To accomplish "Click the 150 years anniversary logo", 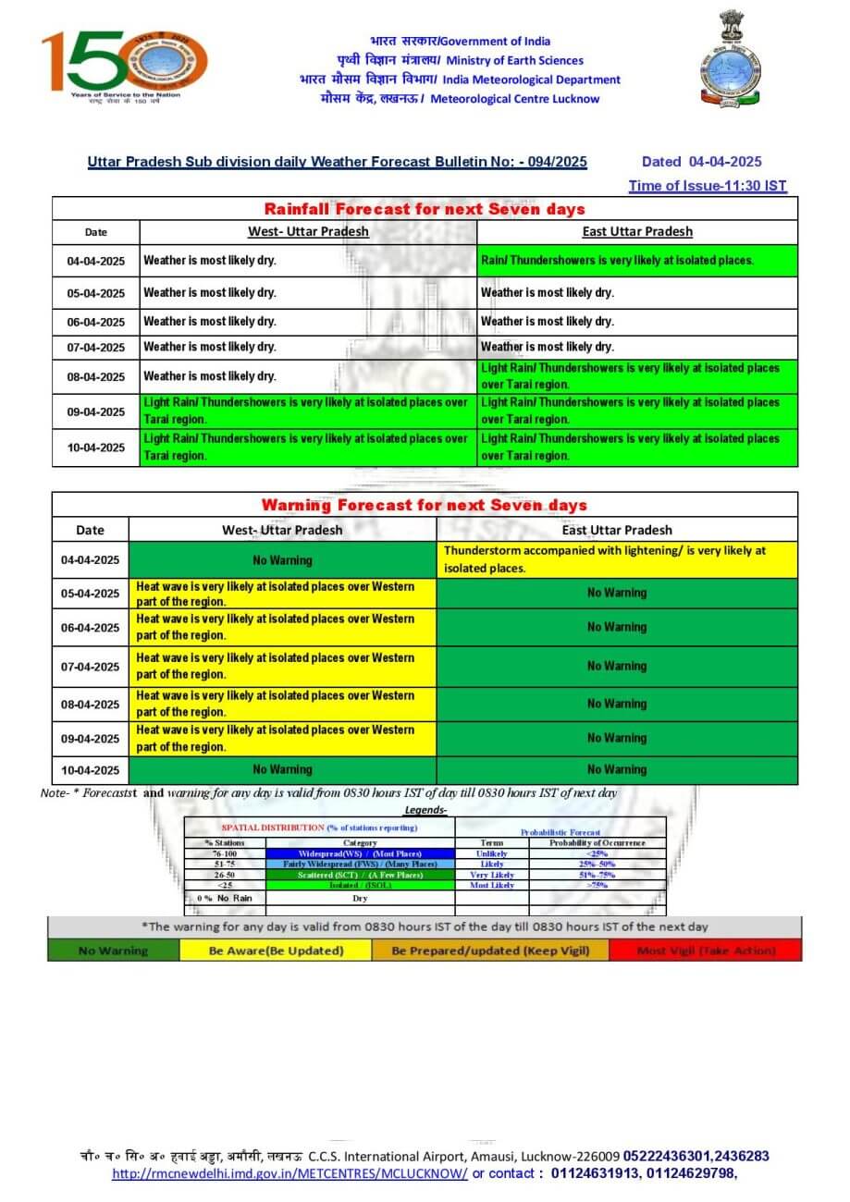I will (x=124, y=65).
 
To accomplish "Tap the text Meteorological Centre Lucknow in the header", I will (x=514, y=99).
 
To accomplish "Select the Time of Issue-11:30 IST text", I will (x=708, y=186).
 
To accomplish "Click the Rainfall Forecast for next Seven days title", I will (x=425, y=209).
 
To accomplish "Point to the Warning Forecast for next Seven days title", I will (x=425, y=505).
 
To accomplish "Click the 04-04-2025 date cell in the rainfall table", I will (x=95, y=262).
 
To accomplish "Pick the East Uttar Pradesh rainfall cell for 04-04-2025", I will (x=637, y=261).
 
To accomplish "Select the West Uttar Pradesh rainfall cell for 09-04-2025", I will (x=308, y=411).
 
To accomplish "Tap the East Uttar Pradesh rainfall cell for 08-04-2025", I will (x=637, y=375).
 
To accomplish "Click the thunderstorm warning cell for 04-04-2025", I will (x=617, y=559).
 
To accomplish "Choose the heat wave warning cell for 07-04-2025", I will (x=282, y=666).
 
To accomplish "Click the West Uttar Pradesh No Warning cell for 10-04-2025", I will (x=282, y=769).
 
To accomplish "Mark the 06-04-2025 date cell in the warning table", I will (x=90, y=627).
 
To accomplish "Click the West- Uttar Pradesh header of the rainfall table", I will (x=308, y=232).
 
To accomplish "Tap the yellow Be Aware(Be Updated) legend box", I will (x=276, y=951).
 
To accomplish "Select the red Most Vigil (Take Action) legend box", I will (x=706, y=951).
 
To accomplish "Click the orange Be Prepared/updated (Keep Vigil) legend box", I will (x=490, y=951).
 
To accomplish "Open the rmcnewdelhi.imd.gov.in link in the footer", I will (x=289, y=1173).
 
